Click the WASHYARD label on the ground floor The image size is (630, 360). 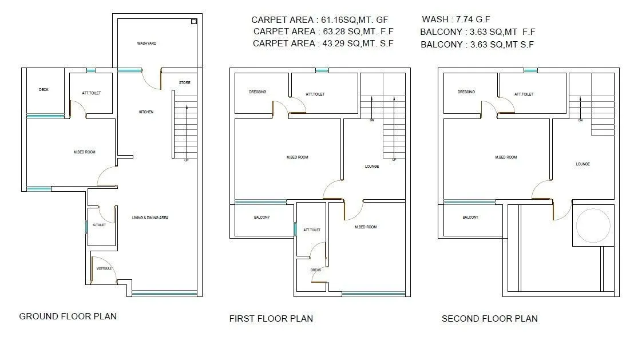click(146, 43)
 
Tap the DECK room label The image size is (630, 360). click(43, 90)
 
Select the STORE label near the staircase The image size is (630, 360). click(184, 83)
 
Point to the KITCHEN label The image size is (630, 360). click(146, 112)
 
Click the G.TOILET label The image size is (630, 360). click(100, 225)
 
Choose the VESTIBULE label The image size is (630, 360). click(104, 268)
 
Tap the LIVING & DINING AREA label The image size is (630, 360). click(150, 217)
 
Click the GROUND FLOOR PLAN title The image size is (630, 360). click(68, 316)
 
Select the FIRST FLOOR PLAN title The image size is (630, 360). click(271, 318)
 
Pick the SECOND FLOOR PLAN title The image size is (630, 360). click(489, 318)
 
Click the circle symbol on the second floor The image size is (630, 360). click(593, 226)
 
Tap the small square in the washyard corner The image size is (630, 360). click(193, 22)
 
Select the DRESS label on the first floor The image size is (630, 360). click(315, 270)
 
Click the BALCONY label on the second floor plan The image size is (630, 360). click(470, 217)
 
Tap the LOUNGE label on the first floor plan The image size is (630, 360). click(372, 167)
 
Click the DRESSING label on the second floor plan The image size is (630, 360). click(466, 92)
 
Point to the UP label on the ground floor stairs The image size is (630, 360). click(187, 160)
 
